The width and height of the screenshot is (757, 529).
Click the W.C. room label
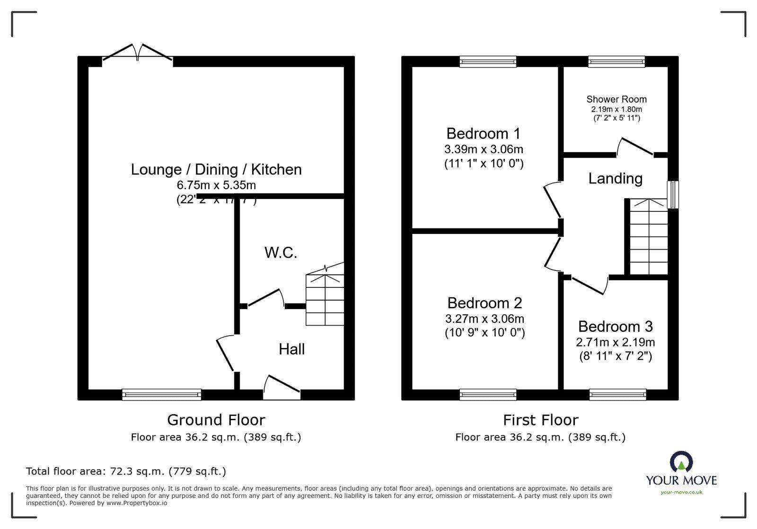pos(281,253)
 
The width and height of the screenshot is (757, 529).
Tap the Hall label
pos(291,349)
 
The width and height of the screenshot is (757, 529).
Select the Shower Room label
pos(616,99)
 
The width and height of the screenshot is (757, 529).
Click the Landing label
pos(615,179)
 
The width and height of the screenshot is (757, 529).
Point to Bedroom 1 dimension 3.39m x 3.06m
pos(484,150)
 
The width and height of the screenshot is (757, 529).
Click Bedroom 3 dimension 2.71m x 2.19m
pos(615,342)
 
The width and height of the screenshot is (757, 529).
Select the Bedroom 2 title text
pos(484,303)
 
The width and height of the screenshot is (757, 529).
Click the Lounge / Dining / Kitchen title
pos(216,169)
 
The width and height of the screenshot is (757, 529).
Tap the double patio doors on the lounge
pos(138,53)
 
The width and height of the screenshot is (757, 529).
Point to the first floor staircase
pos(648,236)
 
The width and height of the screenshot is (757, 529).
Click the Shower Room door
pos(635,147)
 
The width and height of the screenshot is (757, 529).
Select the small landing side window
pos(672,194)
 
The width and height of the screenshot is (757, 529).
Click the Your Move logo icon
pos(681,462)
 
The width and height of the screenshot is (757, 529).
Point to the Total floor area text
pos(126,471)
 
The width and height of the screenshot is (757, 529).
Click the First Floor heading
pos(540,420)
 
